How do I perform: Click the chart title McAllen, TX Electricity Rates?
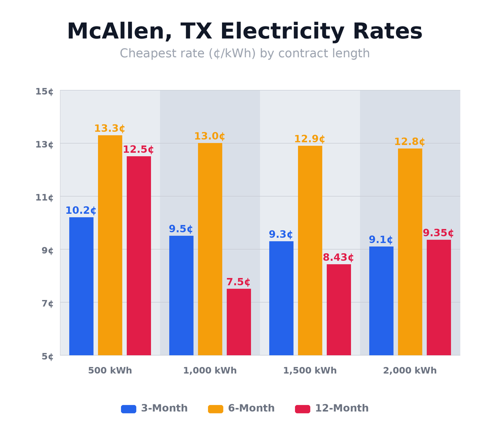pos(244,31)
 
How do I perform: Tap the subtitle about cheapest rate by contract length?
pos(244,53)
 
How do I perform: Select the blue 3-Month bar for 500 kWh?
pos(81,286)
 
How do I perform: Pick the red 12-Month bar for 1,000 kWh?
pos(238,322)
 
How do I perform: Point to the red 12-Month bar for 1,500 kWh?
pos(338,309)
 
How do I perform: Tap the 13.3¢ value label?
pos(109,128)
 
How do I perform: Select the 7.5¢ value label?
pos(238,282)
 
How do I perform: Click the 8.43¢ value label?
pos(338,257)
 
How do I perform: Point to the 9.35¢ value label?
pos(438,233)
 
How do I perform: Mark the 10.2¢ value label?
pos(81,210)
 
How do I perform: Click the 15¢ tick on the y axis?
pos(44,91)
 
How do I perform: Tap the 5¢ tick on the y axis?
pos(47,356)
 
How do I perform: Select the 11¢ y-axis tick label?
pos(44,197)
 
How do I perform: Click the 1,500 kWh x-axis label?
pos(309,370)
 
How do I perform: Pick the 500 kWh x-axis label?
pos(110,370)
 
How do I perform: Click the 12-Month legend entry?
pos(332,408)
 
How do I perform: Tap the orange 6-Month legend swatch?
pos(215,409)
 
